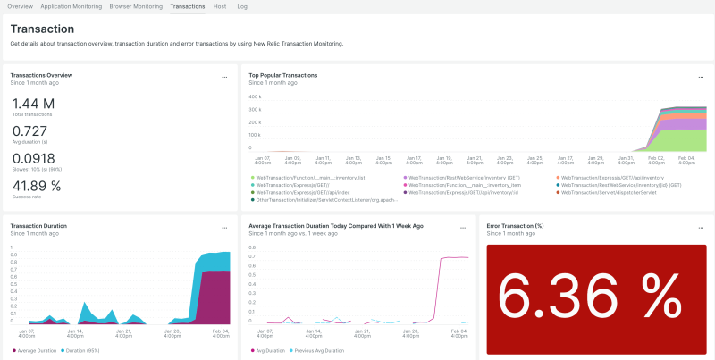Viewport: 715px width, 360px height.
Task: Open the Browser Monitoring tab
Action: pos(136,6)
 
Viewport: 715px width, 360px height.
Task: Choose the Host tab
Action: pos(220,6)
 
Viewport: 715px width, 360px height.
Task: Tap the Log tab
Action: pos(242,6)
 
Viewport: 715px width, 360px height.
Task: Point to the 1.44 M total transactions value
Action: pos(34,104)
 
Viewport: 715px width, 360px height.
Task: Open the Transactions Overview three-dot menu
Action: pos(225,77)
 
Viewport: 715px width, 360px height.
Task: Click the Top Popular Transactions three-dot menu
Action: pos(699,77)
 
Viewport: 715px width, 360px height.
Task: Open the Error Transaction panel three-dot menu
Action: pos(699,228)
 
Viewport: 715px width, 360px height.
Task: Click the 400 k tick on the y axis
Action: pos(255,96)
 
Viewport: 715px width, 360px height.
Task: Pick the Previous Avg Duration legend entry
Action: pos(317,350)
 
